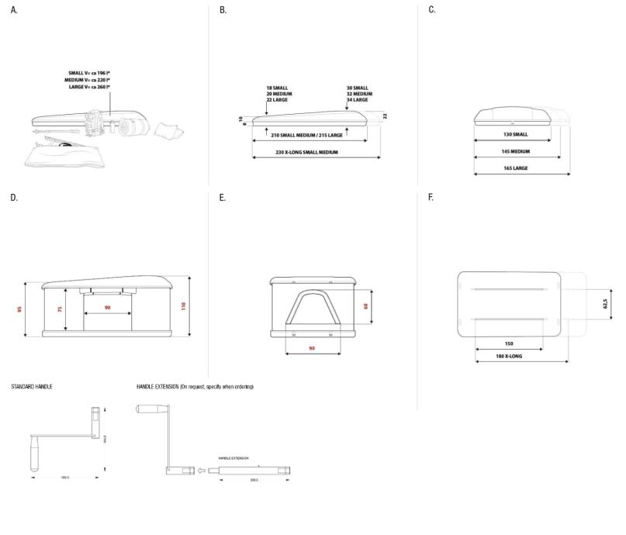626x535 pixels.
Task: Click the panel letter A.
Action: tap(13, 10)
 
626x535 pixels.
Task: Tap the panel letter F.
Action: tap(431, 198)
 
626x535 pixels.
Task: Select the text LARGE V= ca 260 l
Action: tap(87, 86)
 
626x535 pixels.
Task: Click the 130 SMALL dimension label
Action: tap(516, 134)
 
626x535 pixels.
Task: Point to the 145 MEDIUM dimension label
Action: tap(516, 151)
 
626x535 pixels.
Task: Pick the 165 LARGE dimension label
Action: tap(516, 167)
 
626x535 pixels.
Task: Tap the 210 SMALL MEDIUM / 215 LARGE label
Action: tap(306, 134)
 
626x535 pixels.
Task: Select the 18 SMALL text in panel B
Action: tap(278, 88)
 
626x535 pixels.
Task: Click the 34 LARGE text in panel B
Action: tap(358, 101)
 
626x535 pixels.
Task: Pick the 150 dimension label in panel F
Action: tap(509, 343)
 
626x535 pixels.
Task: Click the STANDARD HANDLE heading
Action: tap(32, 386)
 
